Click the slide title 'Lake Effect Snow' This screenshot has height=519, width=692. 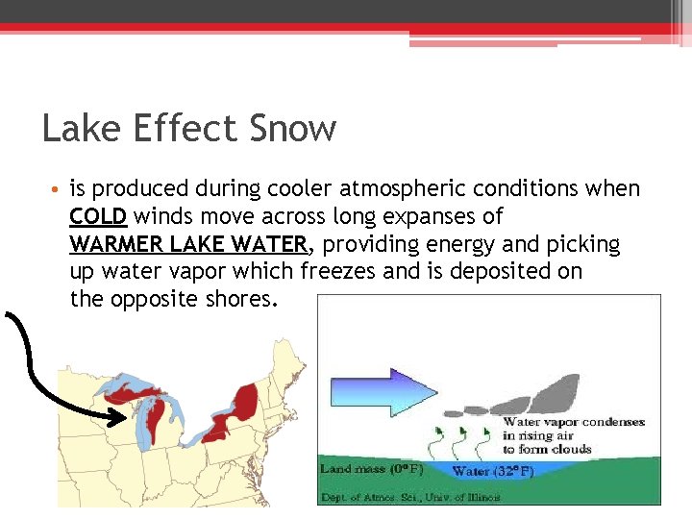(x=189, y=128)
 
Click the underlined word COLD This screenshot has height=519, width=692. (x=98, y=217)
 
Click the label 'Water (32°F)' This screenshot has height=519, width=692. (x=493, y=471)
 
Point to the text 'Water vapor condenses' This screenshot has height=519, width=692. (x=574, y=422)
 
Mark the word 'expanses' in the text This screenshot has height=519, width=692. (x=451, y=217)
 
